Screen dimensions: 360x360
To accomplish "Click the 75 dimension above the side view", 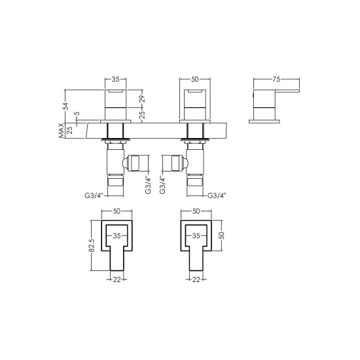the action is (x=276, y=79).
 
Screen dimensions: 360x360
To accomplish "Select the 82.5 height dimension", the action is (x=92, y=245).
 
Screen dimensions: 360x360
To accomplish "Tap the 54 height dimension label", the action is (x=65, y=106).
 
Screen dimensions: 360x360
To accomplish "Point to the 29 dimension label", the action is (x=142, y=99).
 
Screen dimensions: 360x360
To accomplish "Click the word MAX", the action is (x=61, y=130).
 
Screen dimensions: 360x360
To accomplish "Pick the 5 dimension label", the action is (x=77, y=113).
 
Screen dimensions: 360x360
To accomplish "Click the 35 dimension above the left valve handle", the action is (x=115, y=79).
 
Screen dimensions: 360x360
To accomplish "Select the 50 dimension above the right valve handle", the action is (x=194, y=79).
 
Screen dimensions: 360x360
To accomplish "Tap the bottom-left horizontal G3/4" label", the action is (x=94, y=196).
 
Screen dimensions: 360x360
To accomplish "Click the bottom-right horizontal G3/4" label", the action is (x=217, y=196).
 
